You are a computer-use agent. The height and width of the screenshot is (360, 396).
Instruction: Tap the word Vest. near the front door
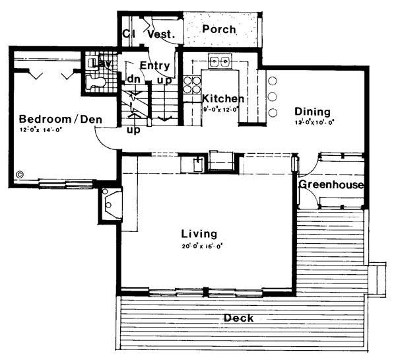[x=160, y=34]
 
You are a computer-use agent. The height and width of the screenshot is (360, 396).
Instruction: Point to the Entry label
[x=155, y=65]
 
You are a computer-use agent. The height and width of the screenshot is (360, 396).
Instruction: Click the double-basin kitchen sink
[x=219, y=62]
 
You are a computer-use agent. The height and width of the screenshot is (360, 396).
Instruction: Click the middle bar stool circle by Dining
[x=272, y=97]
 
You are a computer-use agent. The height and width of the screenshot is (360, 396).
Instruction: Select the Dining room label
[x=312, y=112]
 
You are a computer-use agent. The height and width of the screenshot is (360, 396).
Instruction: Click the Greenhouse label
[x=331, y=184]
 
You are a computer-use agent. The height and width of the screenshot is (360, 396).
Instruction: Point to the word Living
[x=199, y=234]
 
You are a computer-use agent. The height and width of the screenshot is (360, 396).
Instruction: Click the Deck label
[x=238, y=318]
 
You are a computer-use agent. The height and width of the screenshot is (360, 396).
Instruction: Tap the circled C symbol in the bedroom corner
[x=19, y=175]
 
